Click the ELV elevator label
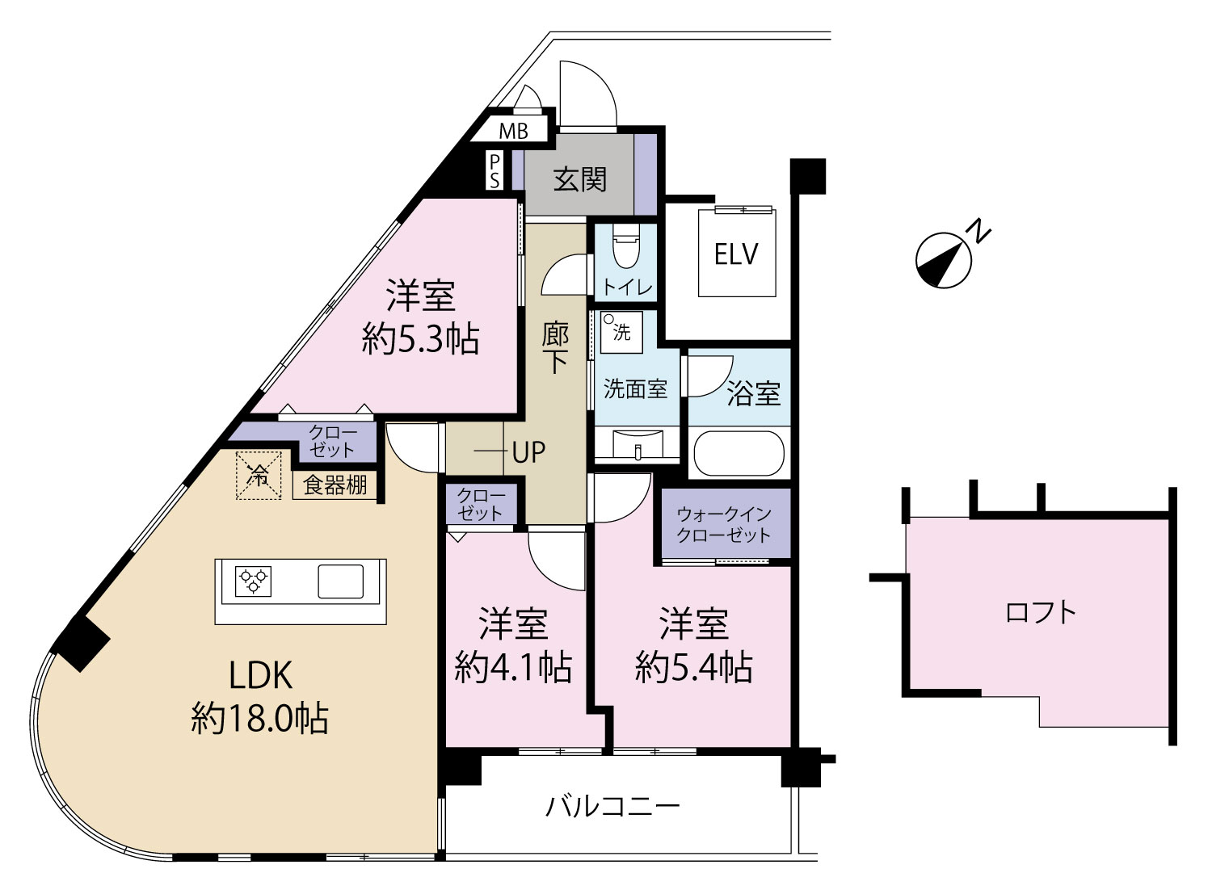[x=736, y=254]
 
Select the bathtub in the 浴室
[x=739, y=453]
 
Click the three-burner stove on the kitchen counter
[x=253, y=581]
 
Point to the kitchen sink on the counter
[x=340, y=581]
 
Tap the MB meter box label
[x=514, y=131]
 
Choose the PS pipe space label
[x=494, y=171]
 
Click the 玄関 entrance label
[x=580, y=179]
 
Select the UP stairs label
[x=528, y=452]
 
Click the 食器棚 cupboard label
[x=335, y=485]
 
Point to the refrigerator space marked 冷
[x=259, y=475]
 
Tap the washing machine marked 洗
[x=621, y=332]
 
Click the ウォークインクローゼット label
[x=723, y=524]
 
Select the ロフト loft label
[x=1041, y=612]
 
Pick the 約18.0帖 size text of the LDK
[x=259, y=720]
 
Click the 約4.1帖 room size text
[x=513, y=667]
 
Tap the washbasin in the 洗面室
[x=638, y=443]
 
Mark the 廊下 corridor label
[x=555, y=349]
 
